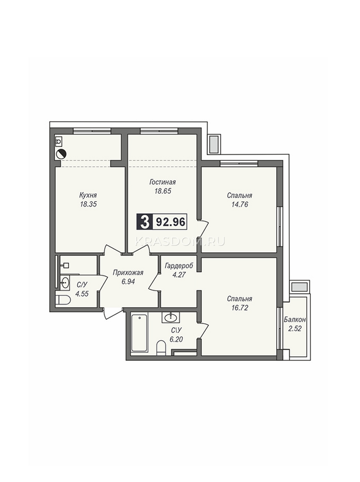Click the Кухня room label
[x=88, y=195]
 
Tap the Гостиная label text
[x=163, y=182]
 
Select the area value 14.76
[x=240, y=204]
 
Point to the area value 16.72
[x=240, y=308]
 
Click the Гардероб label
[x=179, y=266]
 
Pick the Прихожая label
[x=128, y=273]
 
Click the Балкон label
[x=295, y=319]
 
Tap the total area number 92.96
[x=170, y=222]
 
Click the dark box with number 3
[x=144, y=222]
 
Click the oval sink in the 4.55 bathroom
[x=65, y=282]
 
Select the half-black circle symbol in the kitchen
[x=61, y=155]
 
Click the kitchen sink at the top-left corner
[x=59, y=141]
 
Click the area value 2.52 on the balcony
[x=295, y=329]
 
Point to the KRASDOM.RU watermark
[x=180, y=241]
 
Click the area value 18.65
[x=163, y=191]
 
